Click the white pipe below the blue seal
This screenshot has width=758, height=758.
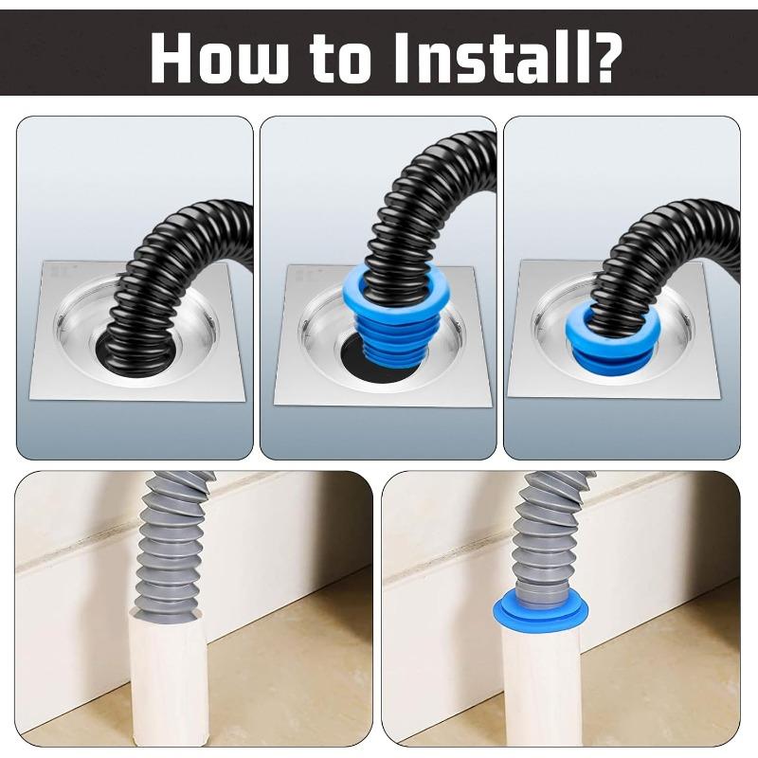click(541, 687)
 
